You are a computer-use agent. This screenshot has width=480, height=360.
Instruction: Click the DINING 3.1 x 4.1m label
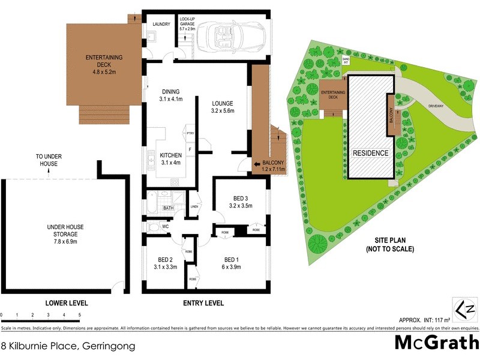(170, 95)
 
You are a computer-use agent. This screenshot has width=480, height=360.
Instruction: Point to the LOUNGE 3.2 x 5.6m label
(222, 106)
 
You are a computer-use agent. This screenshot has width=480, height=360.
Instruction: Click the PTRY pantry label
(190, 133)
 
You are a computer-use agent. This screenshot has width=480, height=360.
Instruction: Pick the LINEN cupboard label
(194, 207)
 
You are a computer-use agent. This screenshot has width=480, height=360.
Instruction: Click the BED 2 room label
(165, 263)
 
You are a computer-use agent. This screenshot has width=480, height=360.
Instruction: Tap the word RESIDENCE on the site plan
(370, 153)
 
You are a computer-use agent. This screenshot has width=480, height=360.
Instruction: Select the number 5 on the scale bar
(79, 314)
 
